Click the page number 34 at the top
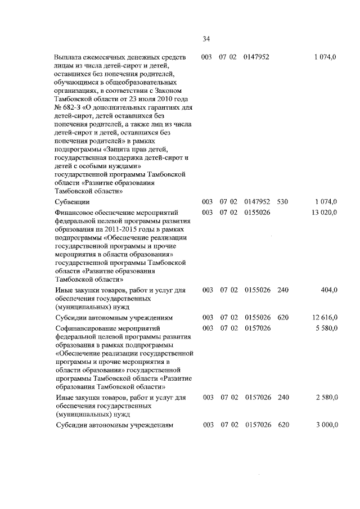206,39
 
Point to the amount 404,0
328,290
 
